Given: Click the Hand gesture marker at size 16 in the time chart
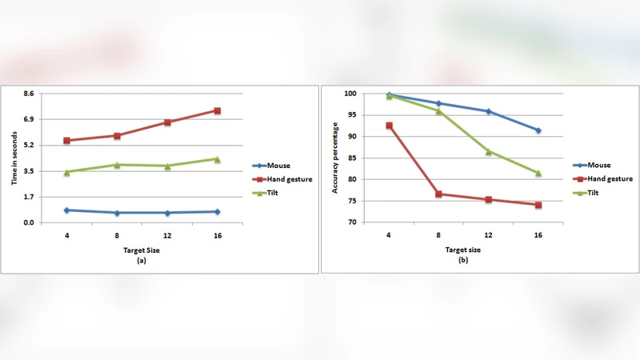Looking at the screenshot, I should point(218,111).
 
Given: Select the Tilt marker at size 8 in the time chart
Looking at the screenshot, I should point(117,165).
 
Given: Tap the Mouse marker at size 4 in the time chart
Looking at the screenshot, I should point(67,210).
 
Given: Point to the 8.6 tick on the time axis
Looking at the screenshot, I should point(28,94).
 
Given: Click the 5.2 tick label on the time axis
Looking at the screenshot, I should point(28,145).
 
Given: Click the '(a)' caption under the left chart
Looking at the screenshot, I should point(142,260).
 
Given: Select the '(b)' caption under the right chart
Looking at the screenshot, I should point(462,261).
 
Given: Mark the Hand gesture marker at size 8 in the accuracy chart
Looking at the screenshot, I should point(438,194).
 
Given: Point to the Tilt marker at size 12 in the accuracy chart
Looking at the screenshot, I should point(488,151).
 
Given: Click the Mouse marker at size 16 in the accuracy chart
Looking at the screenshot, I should point(538,130).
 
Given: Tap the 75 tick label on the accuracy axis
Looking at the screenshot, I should point(350,201).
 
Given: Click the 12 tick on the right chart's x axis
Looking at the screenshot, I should point(488,236).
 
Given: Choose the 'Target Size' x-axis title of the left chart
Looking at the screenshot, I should point(142,250).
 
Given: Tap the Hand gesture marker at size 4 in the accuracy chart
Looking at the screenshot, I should point(389,126).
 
